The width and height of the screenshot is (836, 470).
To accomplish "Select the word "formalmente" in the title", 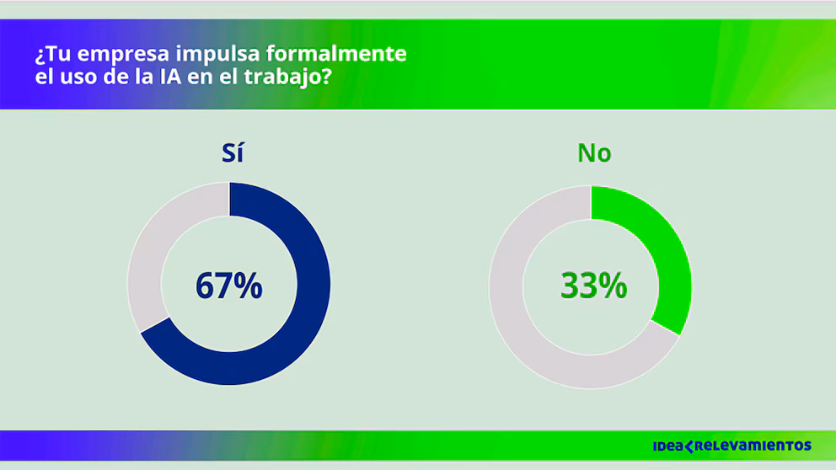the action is pyautogui.click(x=336, y=54).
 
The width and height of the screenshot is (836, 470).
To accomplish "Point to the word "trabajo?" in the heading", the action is pyautogui.click(x=288, y=77).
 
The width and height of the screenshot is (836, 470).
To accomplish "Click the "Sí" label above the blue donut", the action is pyautogui.click(x=233, y=153).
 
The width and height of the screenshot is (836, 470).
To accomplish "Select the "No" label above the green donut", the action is pyautogui.click(x=594, y=153).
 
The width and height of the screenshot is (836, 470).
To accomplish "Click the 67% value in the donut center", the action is pyautogui.click(x=228, y=286).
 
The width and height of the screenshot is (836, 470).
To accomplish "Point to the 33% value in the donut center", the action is pyautogui.click(x=594, y=286).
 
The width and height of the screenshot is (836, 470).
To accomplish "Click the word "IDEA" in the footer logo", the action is pyautogui.click(x=668, y=446).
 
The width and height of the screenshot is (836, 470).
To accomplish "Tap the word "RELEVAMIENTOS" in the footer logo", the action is pyautogui.click(x=753, y=446).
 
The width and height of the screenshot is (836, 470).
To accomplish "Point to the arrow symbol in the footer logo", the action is pyautogui.click(x=689, y=446).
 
